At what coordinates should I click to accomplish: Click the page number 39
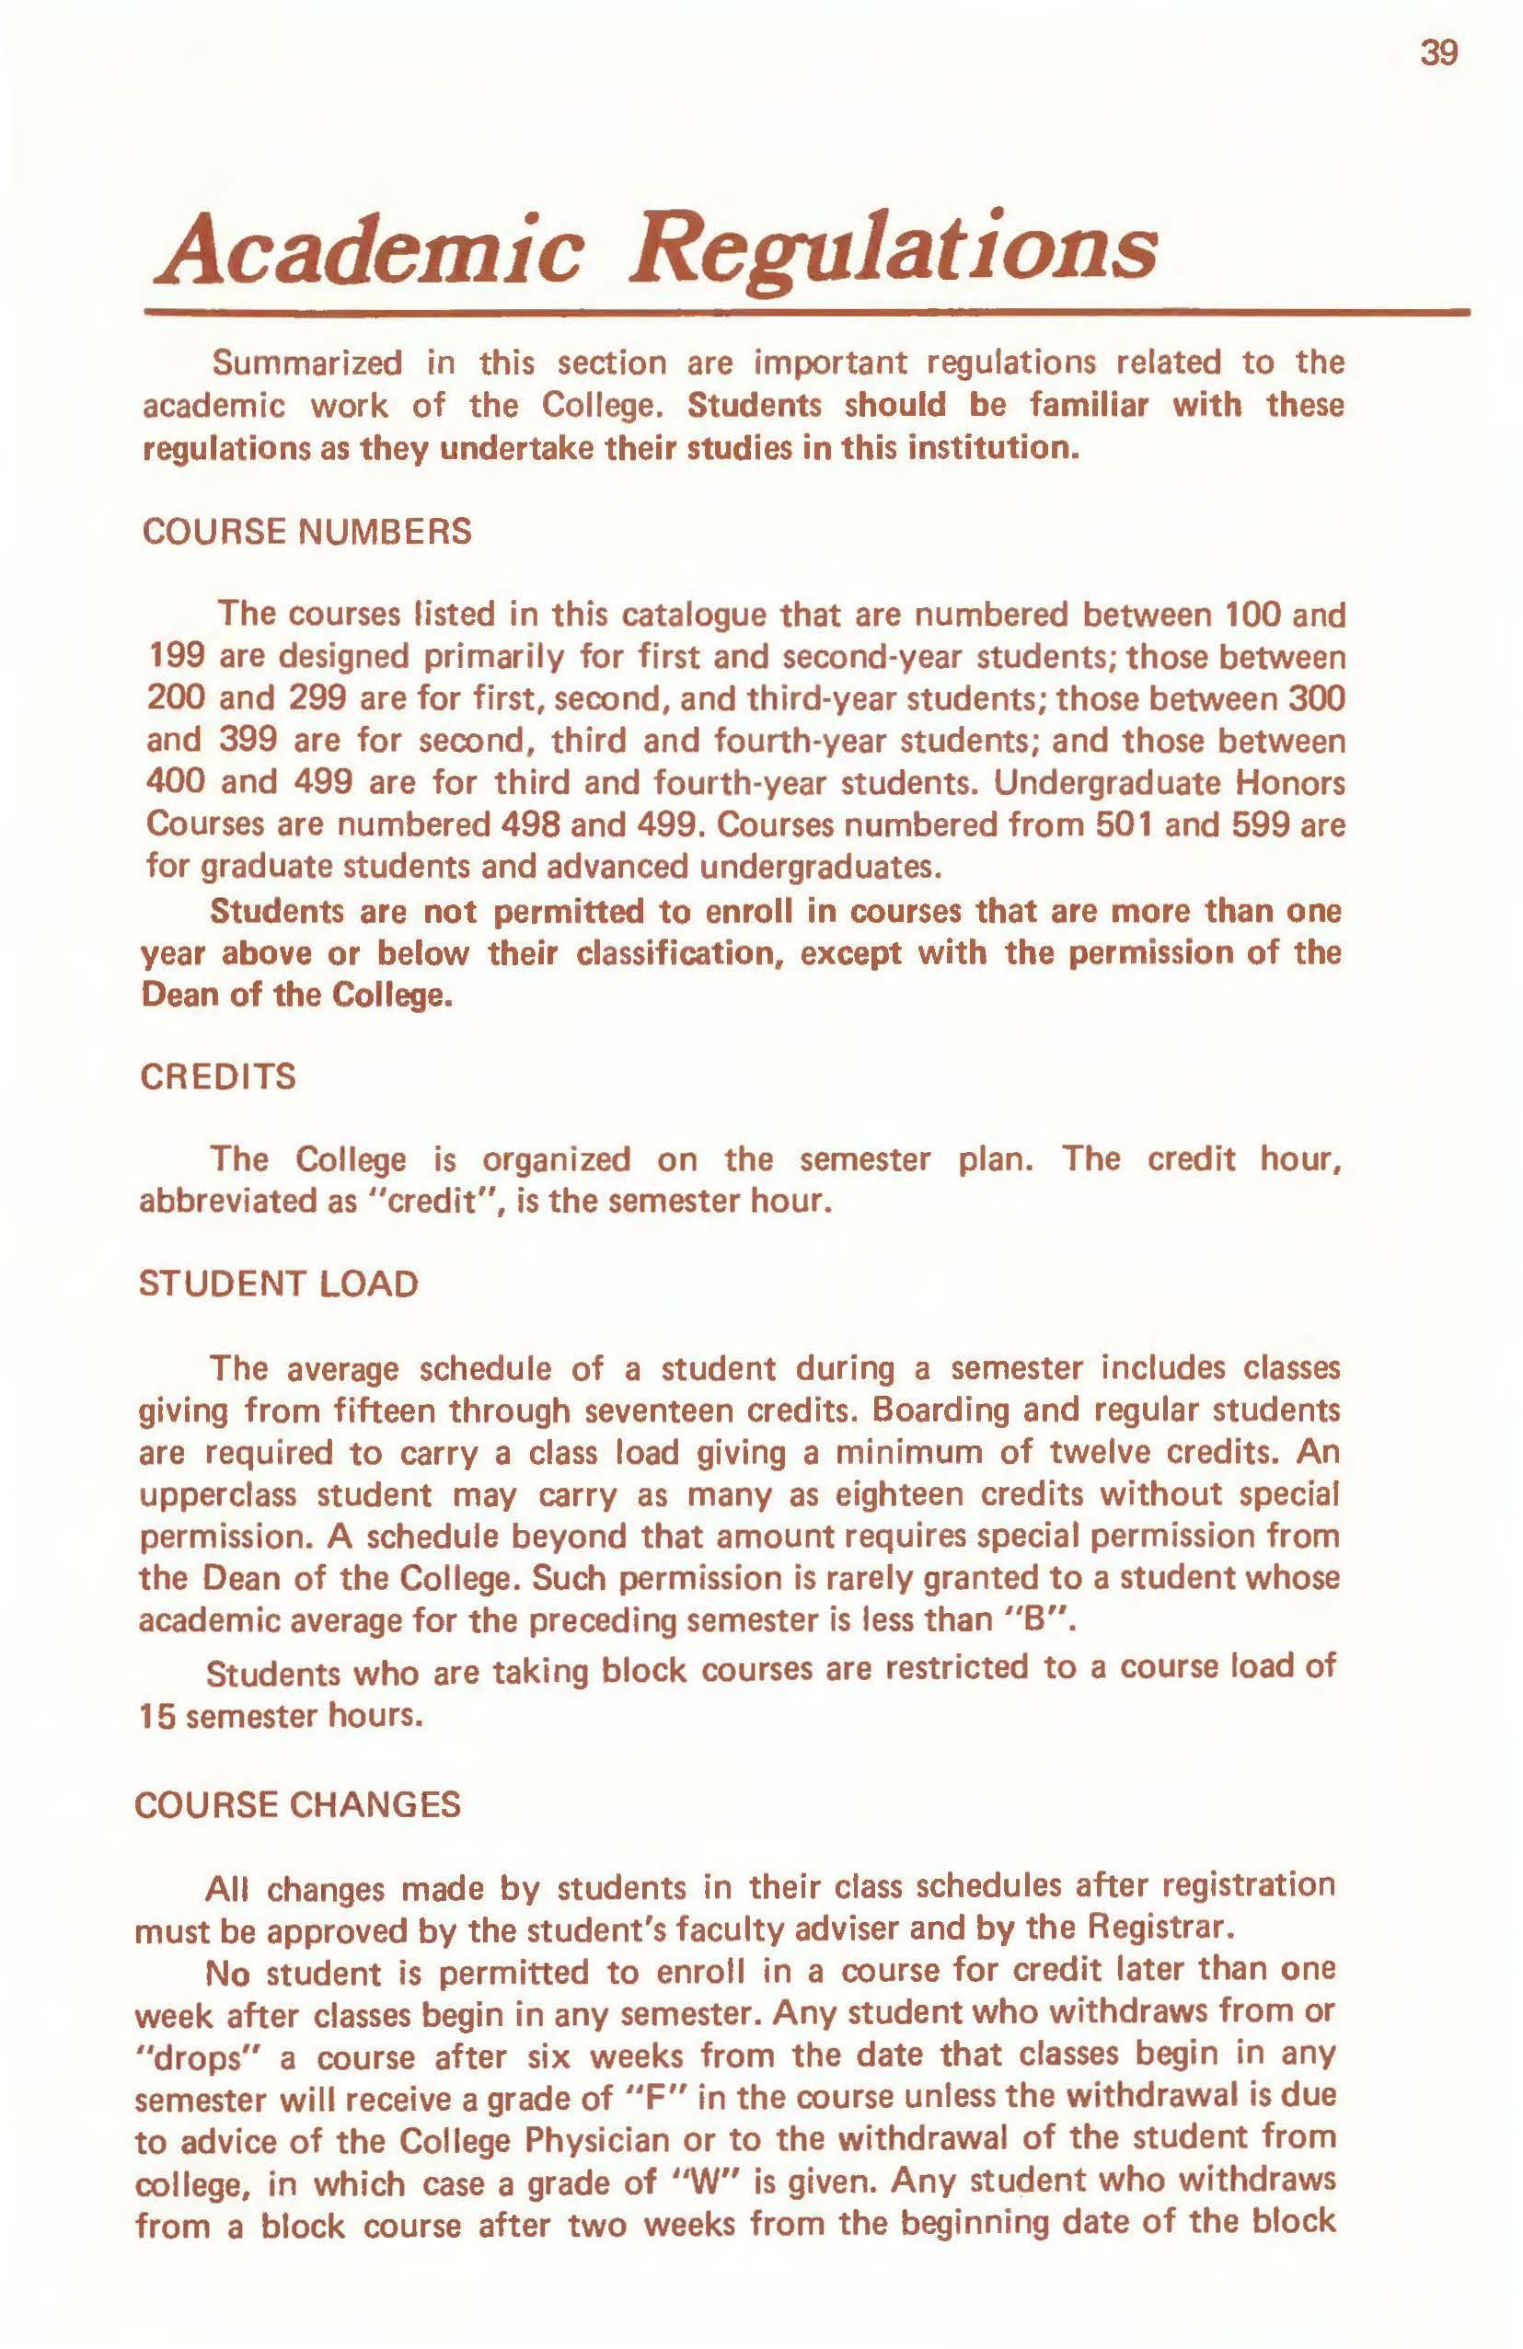point(1438,53)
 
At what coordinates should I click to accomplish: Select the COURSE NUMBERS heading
point(307,532)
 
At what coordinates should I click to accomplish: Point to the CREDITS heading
point(218,1077)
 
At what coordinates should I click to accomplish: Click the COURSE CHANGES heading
point(297,1804)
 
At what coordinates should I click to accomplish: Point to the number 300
point(1318,698)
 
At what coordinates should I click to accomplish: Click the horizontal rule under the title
point(805,312)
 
